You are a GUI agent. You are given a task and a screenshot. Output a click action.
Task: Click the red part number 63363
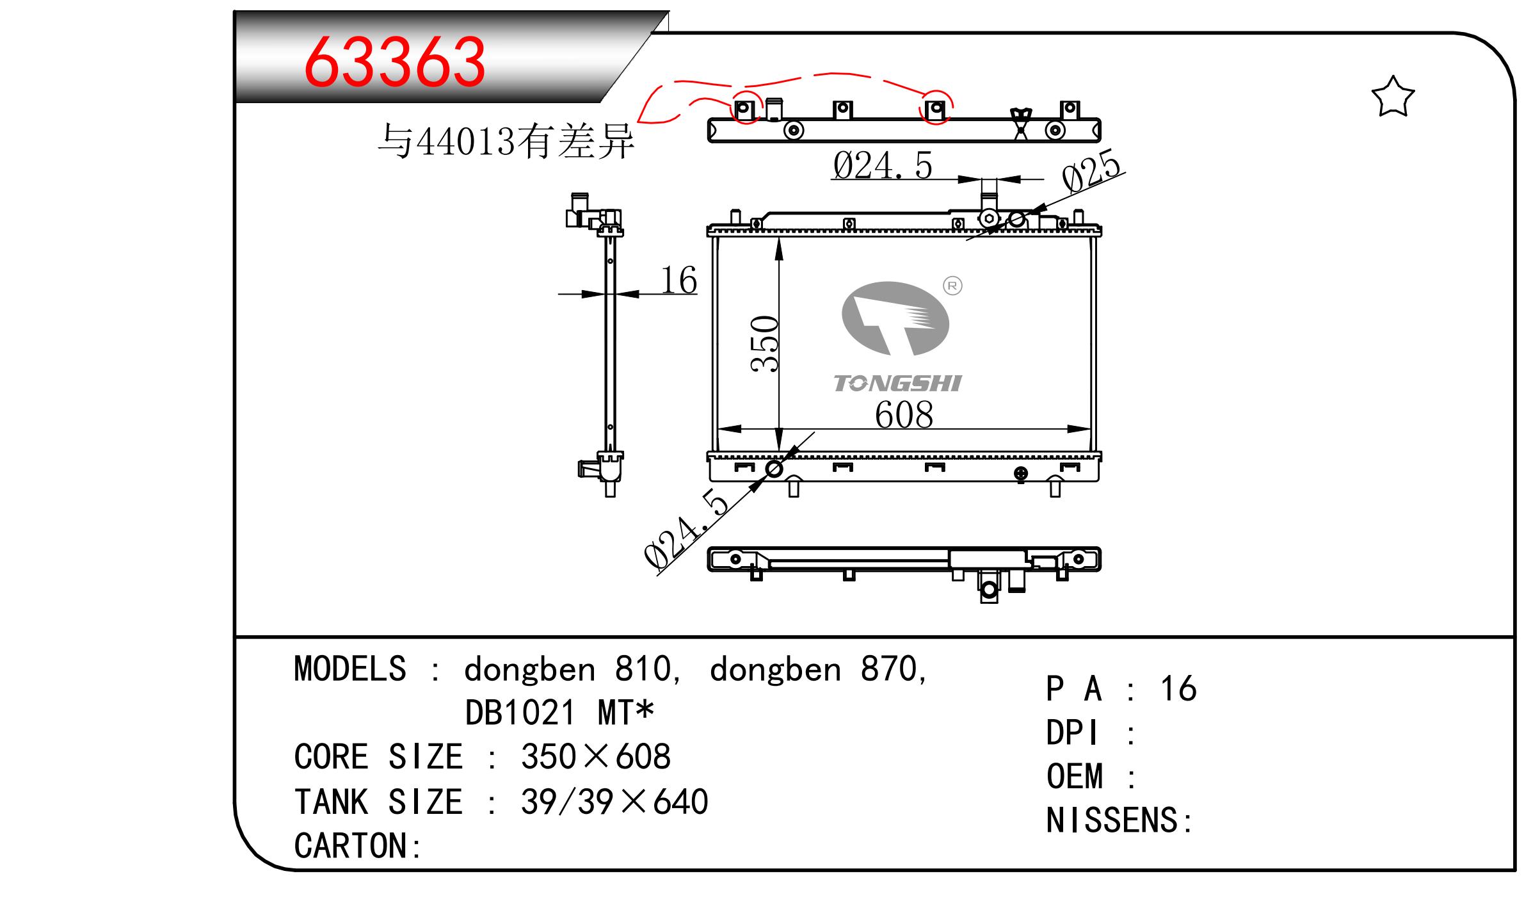[394, 62]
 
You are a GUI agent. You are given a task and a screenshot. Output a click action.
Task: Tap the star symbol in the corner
[1392, 97]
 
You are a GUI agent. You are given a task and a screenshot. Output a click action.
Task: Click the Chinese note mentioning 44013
[506, 141]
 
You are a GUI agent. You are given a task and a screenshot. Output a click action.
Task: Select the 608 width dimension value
[904, 414]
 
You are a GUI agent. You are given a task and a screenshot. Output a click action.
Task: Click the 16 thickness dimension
[678, 280]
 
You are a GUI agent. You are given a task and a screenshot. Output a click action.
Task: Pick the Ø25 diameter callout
[1092, 170]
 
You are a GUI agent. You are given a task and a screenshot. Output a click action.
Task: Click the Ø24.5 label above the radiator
[883, 165]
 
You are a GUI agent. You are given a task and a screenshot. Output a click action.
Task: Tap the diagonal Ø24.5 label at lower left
[687, 529]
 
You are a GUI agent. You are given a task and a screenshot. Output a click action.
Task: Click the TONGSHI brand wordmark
[897, 383]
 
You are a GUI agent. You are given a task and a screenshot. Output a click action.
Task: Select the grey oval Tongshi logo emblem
[895, 318]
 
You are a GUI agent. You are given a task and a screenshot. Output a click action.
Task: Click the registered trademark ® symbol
[953, 286]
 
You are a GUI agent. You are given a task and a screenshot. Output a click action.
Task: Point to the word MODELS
[350, 669]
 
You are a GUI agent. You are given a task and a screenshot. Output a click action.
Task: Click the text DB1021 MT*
[559, 712]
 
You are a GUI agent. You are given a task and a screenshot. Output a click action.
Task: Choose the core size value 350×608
[596, 756]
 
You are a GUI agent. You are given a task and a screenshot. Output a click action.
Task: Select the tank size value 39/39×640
[614, 801]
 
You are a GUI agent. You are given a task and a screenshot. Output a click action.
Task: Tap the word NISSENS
[1112, 820]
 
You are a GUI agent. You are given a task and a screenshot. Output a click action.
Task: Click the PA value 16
[1178, 688]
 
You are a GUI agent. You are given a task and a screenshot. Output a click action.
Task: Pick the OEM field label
[1075, 776]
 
